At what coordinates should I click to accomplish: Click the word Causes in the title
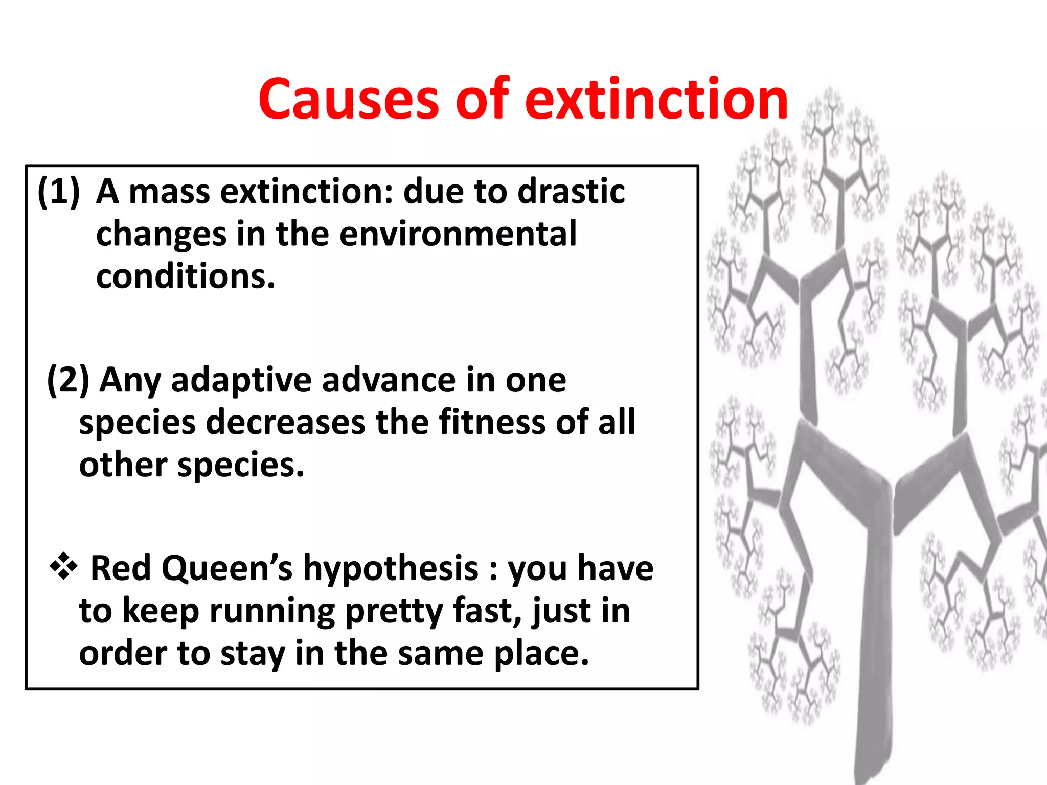coord(348,99)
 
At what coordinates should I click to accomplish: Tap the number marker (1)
coord(59,192)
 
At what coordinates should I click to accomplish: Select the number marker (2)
coord(68,380)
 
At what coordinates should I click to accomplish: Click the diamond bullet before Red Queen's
coord(63,566)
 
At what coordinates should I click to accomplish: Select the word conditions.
coord(185,276)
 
